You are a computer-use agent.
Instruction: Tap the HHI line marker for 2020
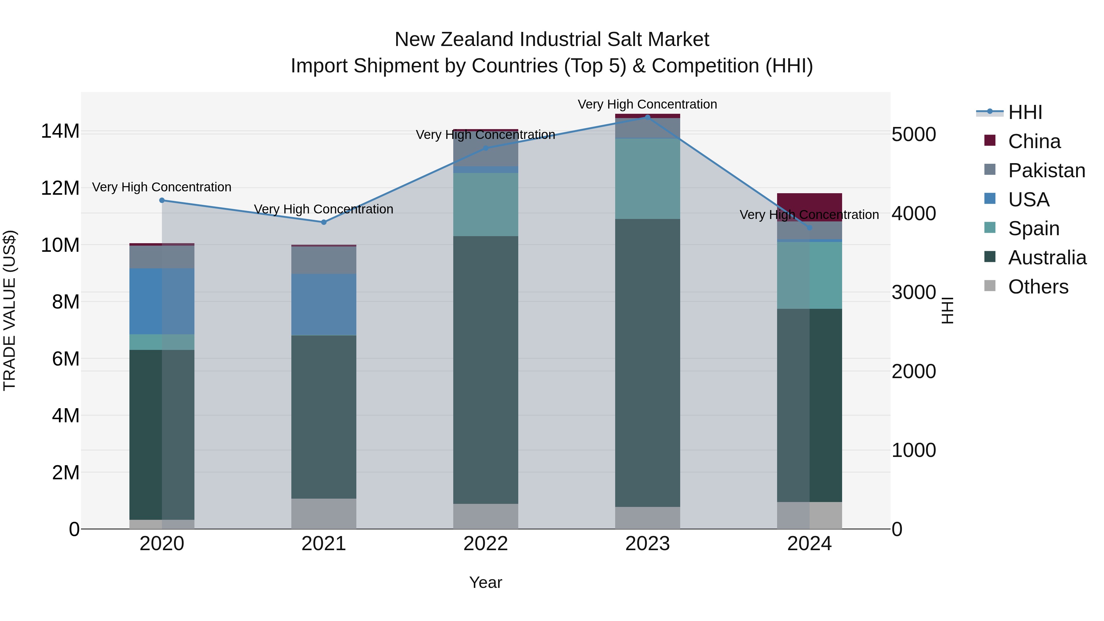click(x=162, y=200)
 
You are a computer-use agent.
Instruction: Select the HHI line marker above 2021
click(x=324, y=222)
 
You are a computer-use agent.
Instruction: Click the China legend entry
click(x=1034, y=141)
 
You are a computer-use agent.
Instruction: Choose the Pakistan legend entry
click(x=1046, y=171)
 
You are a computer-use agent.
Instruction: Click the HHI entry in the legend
click(x=1025, y=112)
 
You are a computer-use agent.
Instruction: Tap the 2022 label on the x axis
click(x=485, y=544)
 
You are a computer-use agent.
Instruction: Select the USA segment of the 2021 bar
click(x=324, y=304)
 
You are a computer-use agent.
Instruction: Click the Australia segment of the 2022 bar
click(x=485, y=370)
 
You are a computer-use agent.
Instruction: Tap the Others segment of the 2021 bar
click(x=324, y=513)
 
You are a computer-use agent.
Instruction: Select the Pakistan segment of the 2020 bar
click(x=162, y=257)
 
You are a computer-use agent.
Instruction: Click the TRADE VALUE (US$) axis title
click(x=10, y=310)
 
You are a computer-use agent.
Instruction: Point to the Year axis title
click(x=485, y=582)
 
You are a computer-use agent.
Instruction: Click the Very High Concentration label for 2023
click(x=647, y=104)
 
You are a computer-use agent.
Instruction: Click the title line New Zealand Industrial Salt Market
click(x=552, y=40)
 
